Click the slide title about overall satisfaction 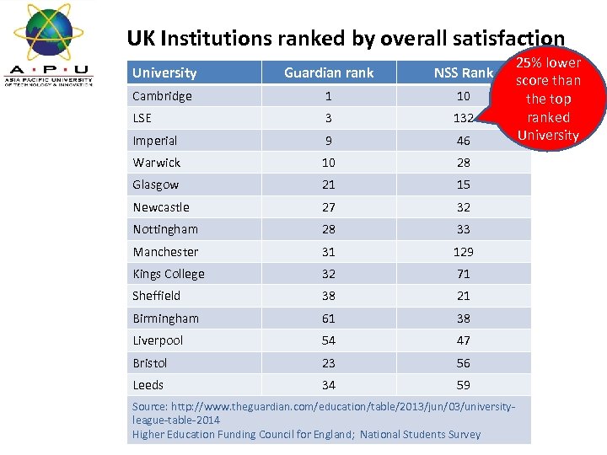(346, 38)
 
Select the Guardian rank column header (329, 72)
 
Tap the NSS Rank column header (463, 72)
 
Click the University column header (164, 72)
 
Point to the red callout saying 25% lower (548, 99)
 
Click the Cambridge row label (162, 96)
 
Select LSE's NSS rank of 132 (463, 118)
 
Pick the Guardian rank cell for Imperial (329, 141)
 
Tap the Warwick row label (157, 163)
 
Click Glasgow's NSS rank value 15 (463, 185)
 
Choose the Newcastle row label (161, 207)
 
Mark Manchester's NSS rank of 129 (463, 251)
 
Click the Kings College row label (169, 274)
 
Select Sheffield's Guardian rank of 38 (329, 296)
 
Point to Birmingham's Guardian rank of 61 (329, 318)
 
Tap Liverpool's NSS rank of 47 (463, 340)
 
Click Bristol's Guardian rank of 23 (329, 363)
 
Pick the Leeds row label (148, 385)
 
